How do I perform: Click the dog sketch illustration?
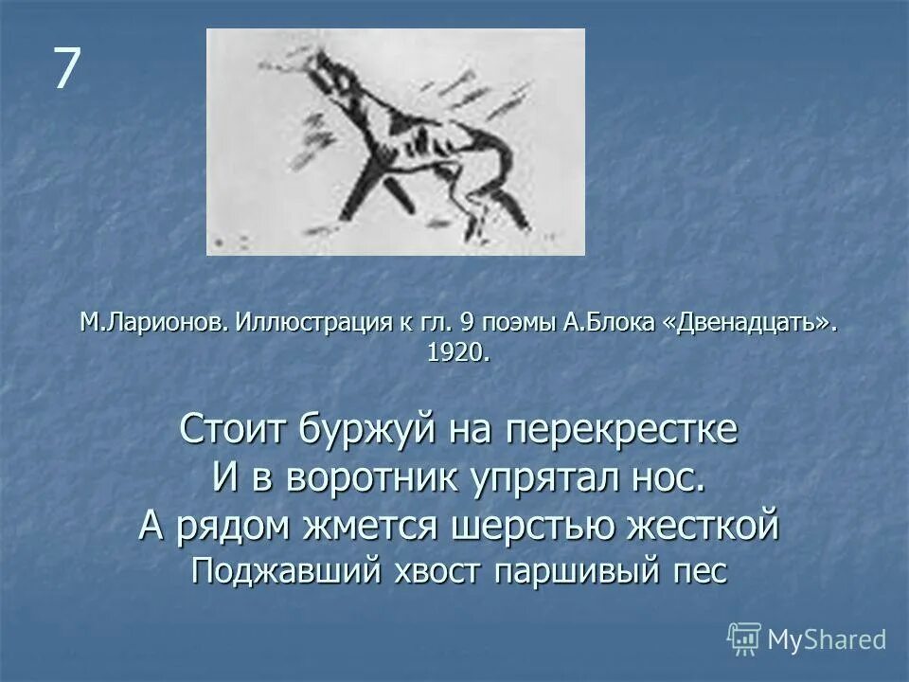395,142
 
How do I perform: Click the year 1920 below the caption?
457,353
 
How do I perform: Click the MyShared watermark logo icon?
744,639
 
